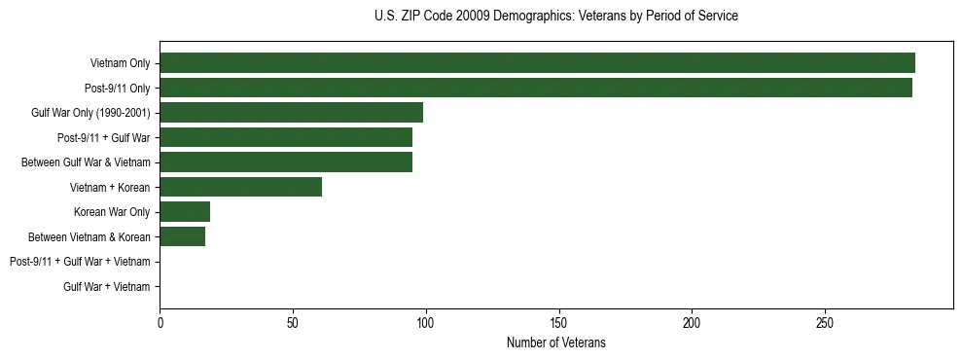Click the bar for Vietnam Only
pyautogui.click(x=537, y=63)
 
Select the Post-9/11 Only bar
pyautogui.click(x=536, y=88)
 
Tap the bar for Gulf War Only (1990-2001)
pyautogui.click(x=291, y=113)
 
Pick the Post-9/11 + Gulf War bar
pyautogui.click(x=286, y=137)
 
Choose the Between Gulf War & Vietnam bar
pyautogui.click(x=286, y=162)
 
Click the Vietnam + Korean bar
pyautogui.click(x=240, y=187)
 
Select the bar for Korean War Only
pyautogui.click(x=185, y=212)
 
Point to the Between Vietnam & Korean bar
pyautogui.click(x=182, y=236)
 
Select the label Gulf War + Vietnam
pyautogui.click(x=106, y=287)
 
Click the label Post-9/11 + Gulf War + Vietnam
pyautogui.click(x=80, y=262)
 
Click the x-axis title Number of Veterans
pyautogui.click(x=555, y=342)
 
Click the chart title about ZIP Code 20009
pyautogui.click(x=555, y=17)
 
